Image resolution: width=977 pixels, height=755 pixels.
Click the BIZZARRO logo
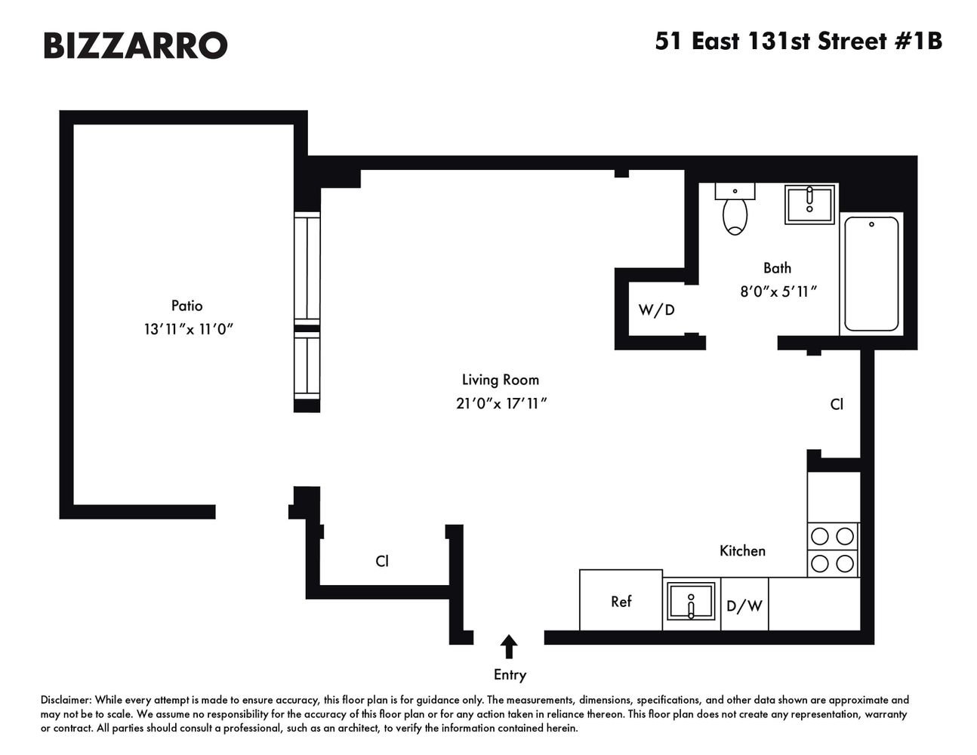coord(135,45)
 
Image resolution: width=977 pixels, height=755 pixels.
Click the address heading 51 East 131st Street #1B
coord(799,42)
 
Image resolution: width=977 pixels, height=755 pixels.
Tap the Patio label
coord(186,306)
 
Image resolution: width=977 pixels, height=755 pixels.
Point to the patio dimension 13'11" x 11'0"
coord(189,329)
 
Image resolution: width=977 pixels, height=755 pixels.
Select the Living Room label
coord(501,380)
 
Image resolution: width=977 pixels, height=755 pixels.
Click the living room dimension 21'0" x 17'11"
coord(501,404)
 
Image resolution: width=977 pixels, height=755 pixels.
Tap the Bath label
coord(778,268)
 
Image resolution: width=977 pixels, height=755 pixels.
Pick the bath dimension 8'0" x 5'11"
coord(778,292)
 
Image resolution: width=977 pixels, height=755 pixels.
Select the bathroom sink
coord(809,204)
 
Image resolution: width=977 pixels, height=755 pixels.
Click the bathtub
coord(871,273)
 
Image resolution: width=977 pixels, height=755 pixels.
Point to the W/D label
coord(656,310)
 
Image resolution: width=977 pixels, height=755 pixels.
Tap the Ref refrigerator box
coord(621,600)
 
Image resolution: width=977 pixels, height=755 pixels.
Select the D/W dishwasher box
coord(744,604)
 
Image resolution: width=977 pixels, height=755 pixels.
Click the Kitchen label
coord(742,551)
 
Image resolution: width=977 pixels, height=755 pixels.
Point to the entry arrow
coord(509,646)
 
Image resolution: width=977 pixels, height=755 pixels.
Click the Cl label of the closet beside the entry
coord(382,561)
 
